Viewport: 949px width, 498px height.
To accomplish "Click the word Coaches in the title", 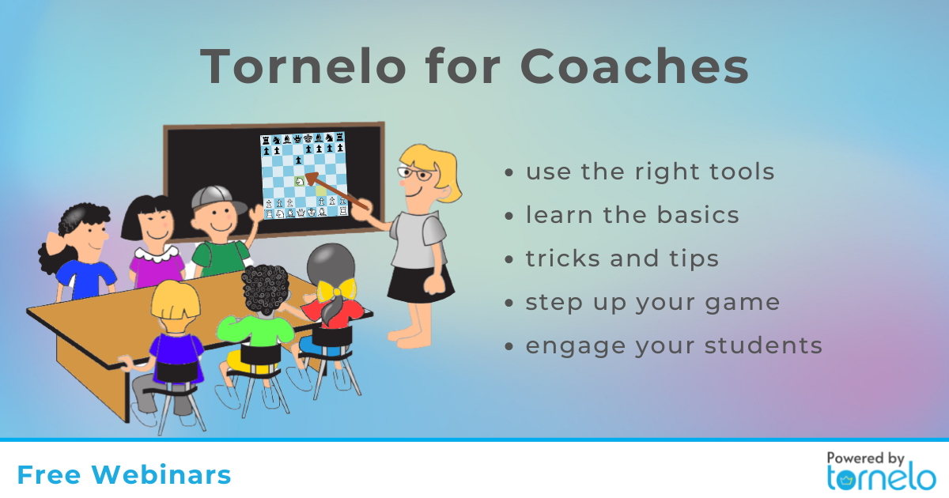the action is [634, 67].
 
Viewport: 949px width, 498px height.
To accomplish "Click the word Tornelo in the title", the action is [303, 67].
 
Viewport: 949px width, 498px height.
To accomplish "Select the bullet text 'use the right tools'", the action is [650, 172].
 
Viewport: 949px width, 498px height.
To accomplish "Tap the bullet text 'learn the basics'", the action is [633, 215].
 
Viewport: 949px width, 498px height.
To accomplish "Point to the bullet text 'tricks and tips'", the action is [622, 258].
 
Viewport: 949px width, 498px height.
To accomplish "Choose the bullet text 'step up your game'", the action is [652, 303].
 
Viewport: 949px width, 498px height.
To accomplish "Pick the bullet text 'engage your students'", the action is [674, 346].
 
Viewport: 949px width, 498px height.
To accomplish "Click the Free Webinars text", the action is [124, 475].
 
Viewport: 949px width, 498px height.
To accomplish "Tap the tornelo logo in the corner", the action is [882, 478].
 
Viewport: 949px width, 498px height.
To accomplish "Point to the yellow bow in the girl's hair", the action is [336, 289].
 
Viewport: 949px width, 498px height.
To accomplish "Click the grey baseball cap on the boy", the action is [217, 199].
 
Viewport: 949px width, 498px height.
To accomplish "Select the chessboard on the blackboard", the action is [304, 175].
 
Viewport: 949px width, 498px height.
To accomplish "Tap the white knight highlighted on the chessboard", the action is [300, 181].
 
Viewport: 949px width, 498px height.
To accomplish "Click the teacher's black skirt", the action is [420, 284].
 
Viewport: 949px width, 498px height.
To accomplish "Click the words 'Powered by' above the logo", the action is [865, 458].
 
